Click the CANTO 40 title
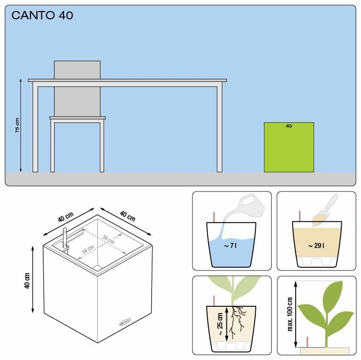42,16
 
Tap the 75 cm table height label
17,125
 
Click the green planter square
289,147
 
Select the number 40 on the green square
289,126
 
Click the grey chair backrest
77,89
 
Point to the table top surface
127,80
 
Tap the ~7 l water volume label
230,246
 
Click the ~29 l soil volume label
316,246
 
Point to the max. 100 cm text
290,314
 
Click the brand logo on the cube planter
125,322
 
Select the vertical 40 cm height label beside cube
27,281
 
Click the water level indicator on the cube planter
65,239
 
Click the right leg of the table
220,129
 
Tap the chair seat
78,118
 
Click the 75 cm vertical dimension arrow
21,125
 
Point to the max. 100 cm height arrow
296,314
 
